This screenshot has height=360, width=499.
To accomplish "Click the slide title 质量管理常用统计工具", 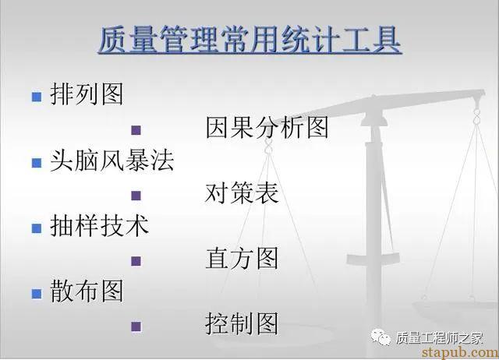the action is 249,41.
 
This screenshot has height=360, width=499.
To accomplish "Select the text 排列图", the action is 87,94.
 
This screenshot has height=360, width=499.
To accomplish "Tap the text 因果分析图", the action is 267,128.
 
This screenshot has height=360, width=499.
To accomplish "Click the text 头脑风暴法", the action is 112,161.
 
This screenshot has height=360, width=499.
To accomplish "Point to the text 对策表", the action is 242,193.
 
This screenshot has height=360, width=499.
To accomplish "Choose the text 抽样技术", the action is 99,226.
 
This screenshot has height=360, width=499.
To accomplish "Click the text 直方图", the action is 242,258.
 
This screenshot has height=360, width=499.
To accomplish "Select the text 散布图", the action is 87,291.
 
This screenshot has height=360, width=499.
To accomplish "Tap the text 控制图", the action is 242,323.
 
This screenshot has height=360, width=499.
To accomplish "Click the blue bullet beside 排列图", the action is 37,97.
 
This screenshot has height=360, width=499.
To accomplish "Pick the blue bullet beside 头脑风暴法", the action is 37,163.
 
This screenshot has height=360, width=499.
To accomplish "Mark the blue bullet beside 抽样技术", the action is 37,228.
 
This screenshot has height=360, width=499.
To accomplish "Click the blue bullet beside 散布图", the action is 37,294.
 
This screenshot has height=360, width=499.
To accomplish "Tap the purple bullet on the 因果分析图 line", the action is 136,130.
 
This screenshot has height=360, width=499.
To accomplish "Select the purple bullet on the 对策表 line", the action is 136,196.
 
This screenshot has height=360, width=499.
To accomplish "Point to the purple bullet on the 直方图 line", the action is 136,261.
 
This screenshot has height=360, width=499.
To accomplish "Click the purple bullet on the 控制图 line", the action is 136,326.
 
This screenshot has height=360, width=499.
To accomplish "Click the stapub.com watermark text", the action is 460,352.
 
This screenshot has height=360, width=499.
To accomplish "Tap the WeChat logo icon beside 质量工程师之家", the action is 380,337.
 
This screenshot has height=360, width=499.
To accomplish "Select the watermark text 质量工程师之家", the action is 440,337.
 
